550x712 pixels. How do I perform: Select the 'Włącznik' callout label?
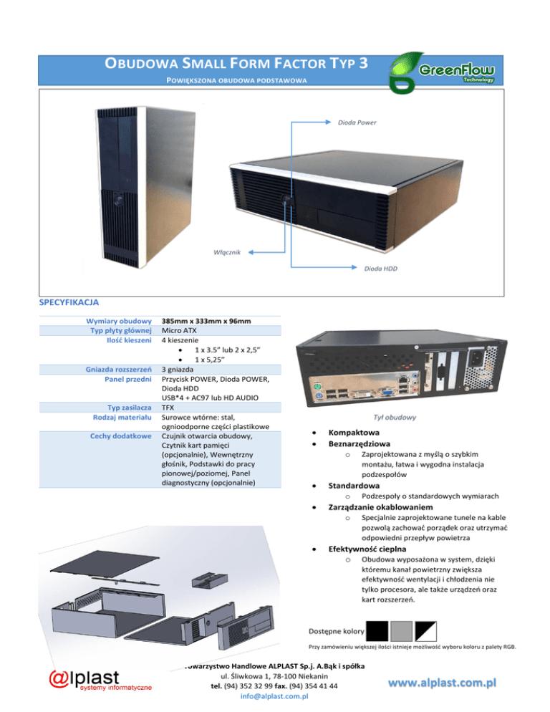228,251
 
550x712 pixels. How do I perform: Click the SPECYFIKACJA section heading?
69,302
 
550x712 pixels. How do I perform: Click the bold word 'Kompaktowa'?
354,433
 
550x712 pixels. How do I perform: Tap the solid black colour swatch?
377,630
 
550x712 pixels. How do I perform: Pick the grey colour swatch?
402,630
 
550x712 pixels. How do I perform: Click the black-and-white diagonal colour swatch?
426,630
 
